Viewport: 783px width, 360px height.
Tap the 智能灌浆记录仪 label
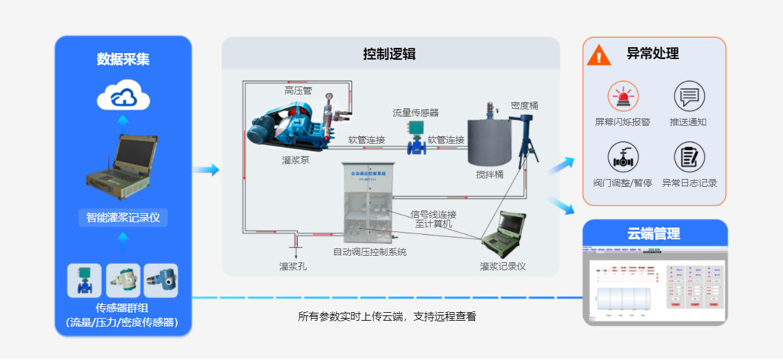pos(123,217)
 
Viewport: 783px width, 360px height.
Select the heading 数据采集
pos(123,59)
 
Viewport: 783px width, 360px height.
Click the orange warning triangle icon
pos(599,54)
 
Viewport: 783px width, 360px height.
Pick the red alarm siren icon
pos(622,96)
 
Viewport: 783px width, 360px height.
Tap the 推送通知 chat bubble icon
pos(689,96)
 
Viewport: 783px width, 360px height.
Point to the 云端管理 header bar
pos(654,233)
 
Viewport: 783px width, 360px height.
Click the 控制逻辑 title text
pos(390,54)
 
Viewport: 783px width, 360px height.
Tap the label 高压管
pos(298,90)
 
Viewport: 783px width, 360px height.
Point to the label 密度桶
pos(525,105)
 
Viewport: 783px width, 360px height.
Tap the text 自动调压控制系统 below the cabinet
pos(370,251)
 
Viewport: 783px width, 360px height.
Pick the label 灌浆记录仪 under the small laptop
pos(503,266)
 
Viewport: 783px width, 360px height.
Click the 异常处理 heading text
pos(652,54)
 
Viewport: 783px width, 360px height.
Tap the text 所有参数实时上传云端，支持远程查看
pos(387,317)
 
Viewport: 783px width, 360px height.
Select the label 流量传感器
pos(416,113)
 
